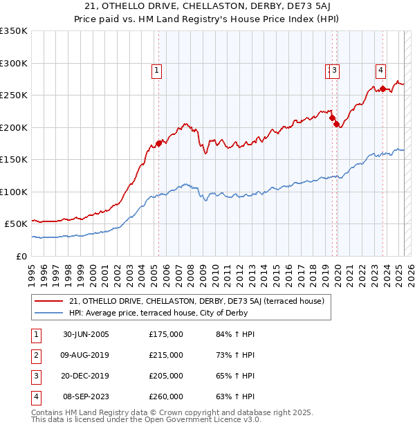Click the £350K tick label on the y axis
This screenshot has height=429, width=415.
[x=14, y=31]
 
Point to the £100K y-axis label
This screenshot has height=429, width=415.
[x=14, y=192]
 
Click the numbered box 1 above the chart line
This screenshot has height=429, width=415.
[x=157, y=69]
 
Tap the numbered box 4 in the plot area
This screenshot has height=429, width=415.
[x=381, y=69]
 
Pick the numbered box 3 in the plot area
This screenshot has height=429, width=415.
[x=334, y=69]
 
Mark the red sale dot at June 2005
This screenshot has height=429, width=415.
[x=158, y=143]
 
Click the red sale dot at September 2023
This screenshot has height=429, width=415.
[x=382, y=89]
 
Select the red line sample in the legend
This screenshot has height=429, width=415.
[x=48, y=301]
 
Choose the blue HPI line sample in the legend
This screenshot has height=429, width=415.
[x=48, y=313]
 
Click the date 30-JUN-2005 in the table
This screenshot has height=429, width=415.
[x=86, y=335]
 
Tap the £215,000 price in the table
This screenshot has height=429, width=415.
[x=166, y=355]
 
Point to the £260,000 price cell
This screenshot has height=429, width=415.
[x=166, y=396]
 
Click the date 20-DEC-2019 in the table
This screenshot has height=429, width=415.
[x=86, y=376]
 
